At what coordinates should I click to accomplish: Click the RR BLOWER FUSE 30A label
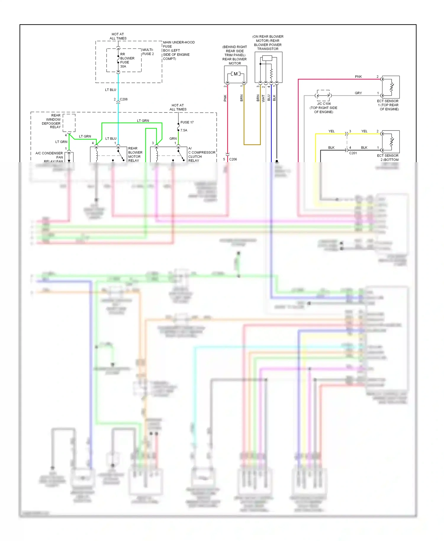127,60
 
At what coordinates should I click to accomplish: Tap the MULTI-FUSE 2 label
148,52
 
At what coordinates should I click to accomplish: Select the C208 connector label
123,99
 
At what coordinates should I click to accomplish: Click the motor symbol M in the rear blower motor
235,74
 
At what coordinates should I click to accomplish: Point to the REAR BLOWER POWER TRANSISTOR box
268,67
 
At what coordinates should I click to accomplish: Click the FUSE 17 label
187,122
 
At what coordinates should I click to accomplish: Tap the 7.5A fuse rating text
184,130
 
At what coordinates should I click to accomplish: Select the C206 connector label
233,159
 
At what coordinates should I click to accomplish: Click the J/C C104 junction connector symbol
323,96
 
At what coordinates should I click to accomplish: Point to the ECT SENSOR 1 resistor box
391,87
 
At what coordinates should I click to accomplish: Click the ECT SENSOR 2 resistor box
391,142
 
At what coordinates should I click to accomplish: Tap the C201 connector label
353,153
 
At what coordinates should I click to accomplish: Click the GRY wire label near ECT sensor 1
358,93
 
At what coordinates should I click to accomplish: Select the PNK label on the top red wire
358,77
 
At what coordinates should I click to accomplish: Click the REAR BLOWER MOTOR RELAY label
135,154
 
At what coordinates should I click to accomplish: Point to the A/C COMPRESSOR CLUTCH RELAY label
201,154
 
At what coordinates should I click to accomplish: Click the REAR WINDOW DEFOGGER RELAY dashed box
69,123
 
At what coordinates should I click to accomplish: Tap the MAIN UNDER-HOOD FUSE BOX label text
178,50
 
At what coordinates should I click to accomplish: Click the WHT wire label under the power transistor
263,98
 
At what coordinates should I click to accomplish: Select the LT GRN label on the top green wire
143,121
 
